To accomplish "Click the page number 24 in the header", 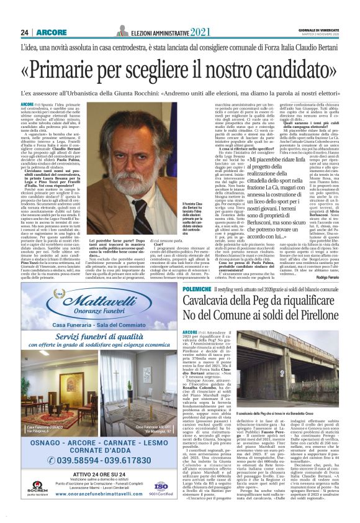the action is tap(25, 32).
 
